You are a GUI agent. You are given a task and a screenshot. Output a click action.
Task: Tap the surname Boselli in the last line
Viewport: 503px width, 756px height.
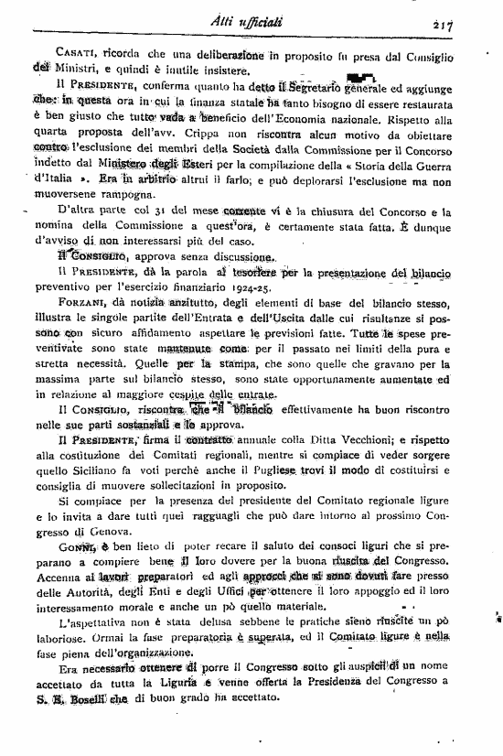coord(94,720)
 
